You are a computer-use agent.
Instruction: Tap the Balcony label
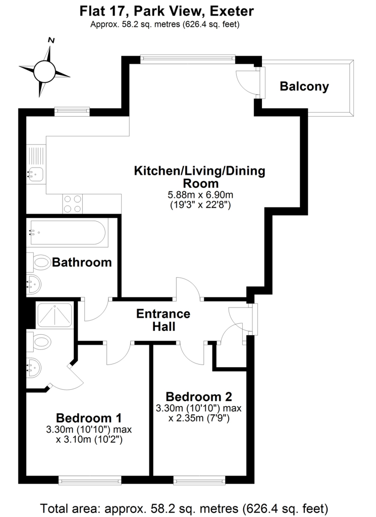(x=304, y=86)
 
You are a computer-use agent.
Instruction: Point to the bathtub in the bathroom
(x=67, y=233)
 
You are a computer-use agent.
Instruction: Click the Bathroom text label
(x=82, y=263)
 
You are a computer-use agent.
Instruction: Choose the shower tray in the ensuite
(x=55, y=316)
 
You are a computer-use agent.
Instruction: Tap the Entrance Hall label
(x=164, y=320)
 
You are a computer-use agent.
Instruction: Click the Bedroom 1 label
(x=89, y=418)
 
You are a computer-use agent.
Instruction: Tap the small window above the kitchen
(x=69, y=110)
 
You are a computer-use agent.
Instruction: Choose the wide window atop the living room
(x=188, y=58)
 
